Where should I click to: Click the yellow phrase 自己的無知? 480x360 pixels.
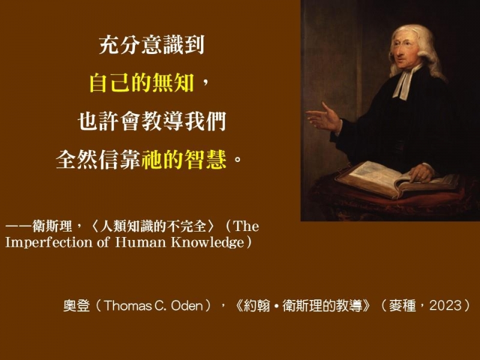pos(142,83)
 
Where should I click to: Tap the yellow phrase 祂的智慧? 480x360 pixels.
pos(184,159)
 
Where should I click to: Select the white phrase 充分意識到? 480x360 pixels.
pos(152,45)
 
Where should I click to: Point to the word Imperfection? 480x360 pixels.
pos(49,242)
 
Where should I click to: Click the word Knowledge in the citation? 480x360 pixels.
pos(207,242)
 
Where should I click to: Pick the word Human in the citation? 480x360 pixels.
pos(140,242)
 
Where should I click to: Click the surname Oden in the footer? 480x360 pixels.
pos(187,305)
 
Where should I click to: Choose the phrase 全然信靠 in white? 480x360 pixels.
pos(98,159)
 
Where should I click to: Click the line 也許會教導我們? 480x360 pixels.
pos(152,121)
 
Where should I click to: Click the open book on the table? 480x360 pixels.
pos(395,178)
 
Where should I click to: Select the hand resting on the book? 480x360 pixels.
pos(421,173)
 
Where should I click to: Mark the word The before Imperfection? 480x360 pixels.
pos(246,227)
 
